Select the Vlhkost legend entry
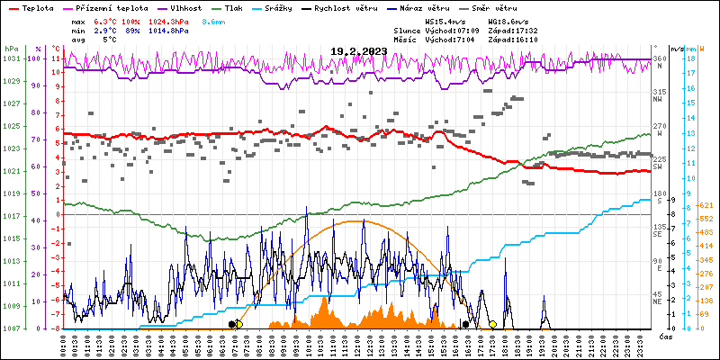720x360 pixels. click(x=185, y=7)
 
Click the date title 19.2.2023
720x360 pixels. click(x=358, y=51)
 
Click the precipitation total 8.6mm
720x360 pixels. click(x=213, y=21)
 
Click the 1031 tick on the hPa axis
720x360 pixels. click(x=11, y=58)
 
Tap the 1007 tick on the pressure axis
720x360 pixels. click(x=11, y=328)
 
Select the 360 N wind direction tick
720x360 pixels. click(x=659, y=61)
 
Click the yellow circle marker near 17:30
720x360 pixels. click(x=492, y=324)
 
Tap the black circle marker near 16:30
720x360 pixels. click(x=465, y=324)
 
